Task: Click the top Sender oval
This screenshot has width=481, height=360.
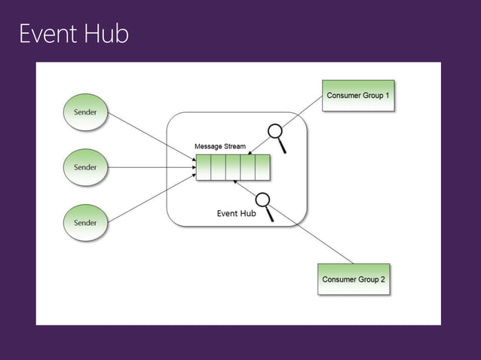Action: [x=84, y=111]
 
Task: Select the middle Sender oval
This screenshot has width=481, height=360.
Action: [x=84, y=166]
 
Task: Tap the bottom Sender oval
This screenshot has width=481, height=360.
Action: [x=84, y=222]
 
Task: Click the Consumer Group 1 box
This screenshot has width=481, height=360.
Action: [x=358, y=96]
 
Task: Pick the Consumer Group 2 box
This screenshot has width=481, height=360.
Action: [x=354, y=279]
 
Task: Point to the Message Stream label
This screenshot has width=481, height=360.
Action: [x=220, y=146]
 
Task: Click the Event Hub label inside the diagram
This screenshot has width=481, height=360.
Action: [x=236, y=213]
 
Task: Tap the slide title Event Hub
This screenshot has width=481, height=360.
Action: [x=74, y=35]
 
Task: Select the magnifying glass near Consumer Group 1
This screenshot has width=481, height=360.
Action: [x=280, y=137]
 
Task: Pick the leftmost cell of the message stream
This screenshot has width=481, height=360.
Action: [x=204, y=167]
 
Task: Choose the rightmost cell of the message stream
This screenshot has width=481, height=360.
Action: [x=262, y=167]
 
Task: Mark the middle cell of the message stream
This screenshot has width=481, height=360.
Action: [x=233, y=167]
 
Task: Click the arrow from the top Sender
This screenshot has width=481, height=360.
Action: [x=151, y=136]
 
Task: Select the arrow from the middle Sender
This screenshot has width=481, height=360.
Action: [x=151, y=166]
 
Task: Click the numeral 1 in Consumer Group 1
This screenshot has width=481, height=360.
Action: [x=388, y=96]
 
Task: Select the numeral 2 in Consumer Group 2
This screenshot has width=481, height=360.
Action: [x=382, y=279]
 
